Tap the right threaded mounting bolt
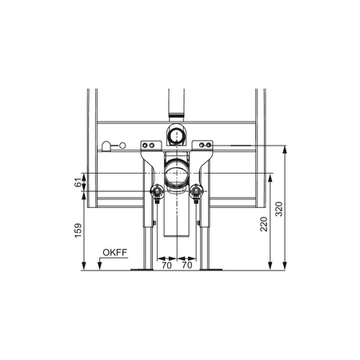tap(196, 192)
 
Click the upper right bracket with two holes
tap(204, 145)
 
